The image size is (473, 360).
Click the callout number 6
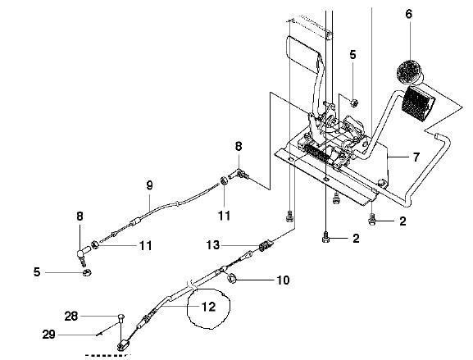pyautogui.click(x=409, y=14)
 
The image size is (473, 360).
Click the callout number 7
pyautogui.click(x=416, y=157)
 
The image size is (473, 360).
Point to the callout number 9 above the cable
pyautogui.click(x=150, y=185)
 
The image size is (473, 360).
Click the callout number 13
pyautogui.click(x=212, y=245)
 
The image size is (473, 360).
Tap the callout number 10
pyautogui.click(x=283, y=280)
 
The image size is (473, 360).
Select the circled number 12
pyautogui.click(x=209, y=307)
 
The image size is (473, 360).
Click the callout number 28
pyautogui.click(x=71, y=317)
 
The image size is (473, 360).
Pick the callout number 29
pyautogui.click(x=48, y=335)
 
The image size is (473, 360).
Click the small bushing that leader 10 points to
pyautogui.click(x=232, y=278)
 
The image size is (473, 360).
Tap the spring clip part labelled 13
pyautogui.click(x=266, y=245)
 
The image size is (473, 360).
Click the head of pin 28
pyautogui.click(x=121, y=317)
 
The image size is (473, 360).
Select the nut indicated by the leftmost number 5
pyautogui.click(x=87, y=272)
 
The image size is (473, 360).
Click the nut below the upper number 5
pyautogui.click(x=354, y=103)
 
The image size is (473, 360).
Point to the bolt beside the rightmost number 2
pyautogui.click(x=372, y=219)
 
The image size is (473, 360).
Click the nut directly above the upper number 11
pyautogui.click(x=224, y=181)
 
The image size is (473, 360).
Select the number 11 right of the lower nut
pyautogui.click(x=145, y=246)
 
